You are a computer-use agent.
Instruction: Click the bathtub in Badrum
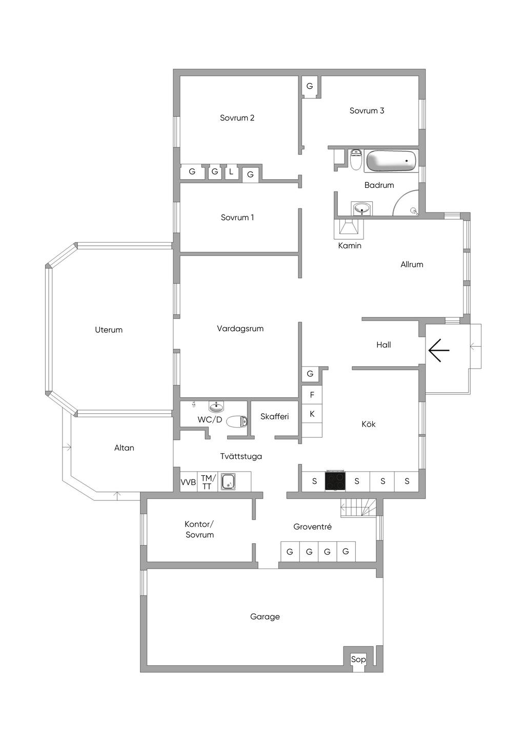click(x=391, y=161)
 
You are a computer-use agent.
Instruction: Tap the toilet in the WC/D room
click(x=237, y=421)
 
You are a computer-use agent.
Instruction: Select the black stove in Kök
click(x=335, y=481)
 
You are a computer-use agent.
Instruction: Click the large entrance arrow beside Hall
click(x=438, y=350)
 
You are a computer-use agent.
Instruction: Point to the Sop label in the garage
click(x=358, y=659)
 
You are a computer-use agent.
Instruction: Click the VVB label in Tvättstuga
click(x=188, y=482)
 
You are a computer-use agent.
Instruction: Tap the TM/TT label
click(x=207, y=482)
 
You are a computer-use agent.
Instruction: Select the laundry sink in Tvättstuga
click(x=229, y=481)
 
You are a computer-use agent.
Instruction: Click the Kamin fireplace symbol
click(x=349, y=228)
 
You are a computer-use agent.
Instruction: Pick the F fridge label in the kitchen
click(x=312, y=394)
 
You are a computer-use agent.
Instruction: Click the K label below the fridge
click(x=312, y=414)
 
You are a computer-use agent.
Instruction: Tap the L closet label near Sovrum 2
click(x=231, y=172)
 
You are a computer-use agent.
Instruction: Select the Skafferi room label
click(x=274, y=416)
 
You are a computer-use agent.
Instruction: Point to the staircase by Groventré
click(x=358, y=508)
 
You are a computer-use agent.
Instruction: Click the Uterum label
click(x=109, y=330)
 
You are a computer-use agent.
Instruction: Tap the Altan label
click(x=124, y=448)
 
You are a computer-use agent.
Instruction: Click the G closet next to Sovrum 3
click(x=310, y=86)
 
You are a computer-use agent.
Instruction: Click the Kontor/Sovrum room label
click(x=199, y=529)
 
